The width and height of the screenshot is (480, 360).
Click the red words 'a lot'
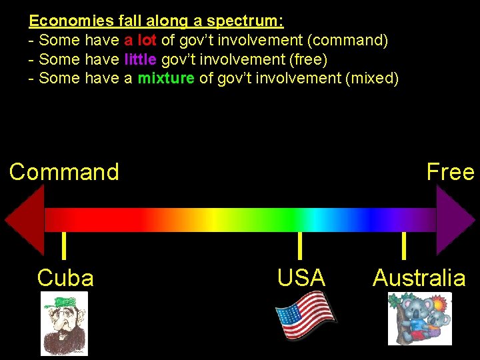coord(140,41)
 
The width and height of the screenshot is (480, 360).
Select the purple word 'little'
coord(140,59)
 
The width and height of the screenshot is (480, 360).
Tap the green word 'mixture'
coord(166,79)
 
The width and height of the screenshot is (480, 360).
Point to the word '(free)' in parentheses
coord(305,59)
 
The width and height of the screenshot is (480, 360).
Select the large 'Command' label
coord(64,172)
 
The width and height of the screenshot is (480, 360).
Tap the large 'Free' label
coord(450,172)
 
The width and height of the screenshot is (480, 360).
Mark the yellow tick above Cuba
coord(63,245)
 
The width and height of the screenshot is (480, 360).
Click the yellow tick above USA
coord(300,245)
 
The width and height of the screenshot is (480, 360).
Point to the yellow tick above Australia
coord(404,245)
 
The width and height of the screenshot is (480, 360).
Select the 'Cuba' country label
coord(65,277)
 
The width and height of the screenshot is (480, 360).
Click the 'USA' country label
coord(301,277)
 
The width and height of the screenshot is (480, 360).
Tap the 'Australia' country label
coord(419,277)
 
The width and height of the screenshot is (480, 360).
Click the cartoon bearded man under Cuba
coord(64,323)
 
